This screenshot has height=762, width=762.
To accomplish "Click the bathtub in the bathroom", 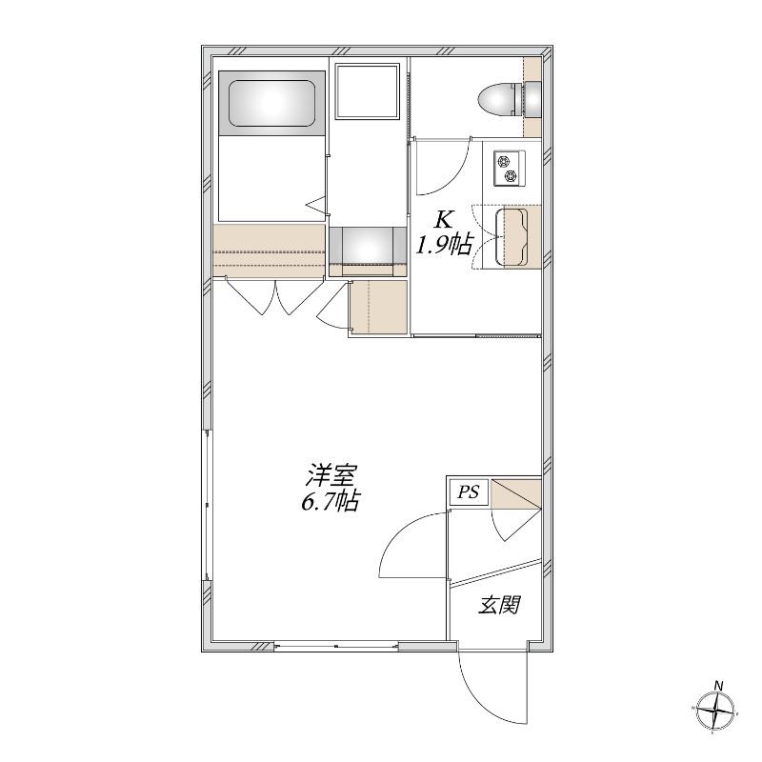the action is (x=271, y=103).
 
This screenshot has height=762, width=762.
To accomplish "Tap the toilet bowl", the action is (x=495, y=101).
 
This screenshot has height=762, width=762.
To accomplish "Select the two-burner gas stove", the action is (x=510, y=169).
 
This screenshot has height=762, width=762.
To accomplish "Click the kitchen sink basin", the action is (x=511, y=237).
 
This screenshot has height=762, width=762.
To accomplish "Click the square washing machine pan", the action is (x=367, y=90).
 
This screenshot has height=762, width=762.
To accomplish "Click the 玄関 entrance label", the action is (x=499, y=605).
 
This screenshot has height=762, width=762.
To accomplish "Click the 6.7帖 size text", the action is (x=331, y=501).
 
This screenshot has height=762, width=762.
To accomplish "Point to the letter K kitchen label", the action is (x=443, y=220).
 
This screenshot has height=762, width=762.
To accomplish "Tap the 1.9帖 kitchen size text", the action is (x=443, y=244).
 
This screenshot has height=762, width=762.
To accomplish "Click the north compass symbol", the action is (x=715, y=710).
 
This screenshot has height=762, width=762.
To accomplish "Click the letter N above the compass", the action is (x=718, y=686).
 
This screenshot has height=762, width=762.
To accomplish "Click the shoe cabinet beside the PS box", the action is (x=516, y=494).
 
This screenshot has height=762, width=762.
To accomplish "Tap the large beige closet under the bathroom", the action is (x=270, y=251).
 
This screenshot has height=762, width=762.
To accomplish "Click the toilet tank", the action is (x=532, y=100).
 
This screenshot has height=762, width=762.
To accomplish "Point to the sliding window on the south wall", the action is (x=336, y=646).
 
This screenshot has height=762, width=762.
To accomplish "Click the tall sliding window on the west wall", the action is (x=208, y=505).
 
